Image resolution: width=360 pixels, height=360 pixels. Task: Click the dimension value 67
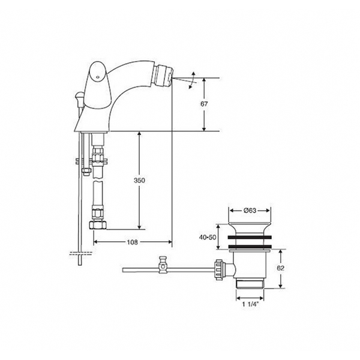(x=204, y=104)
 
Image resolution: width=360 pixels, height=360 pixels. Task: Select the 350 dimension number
(x=139, y=181)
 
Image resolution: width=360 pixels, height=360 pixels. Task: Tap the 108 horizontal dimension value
(x=133, y=242)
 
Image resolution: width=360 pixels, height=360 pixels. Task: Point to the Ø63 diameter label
(x=250, y=211)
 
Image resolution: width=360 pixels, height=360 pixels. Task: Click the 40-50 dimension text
(x=208, y=237)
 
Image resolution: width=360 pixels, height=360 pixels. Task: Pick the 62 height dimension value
(x=280, y=268)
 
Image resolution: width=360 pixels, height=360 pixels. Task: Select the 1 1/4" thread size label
(x=251, y=304)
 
